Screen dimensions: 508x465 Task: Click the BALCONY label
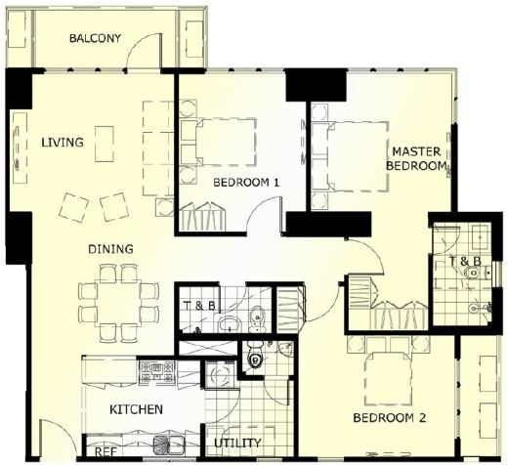(x=95, y=38)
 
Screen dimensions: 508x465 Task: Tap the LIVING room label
(x=63, y=143)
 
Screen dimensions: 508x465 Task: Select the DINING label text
(x=110, y=249)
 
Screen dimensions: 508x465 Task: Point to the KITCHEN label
(x=136, y=409)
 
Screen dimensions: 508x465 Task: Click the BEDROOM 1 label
(x=246, y=183)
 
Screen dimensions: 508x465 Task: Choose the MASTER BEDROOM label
(x=416, y=158)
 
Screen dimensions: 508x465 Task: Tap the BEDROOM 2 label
(x=390, y=418)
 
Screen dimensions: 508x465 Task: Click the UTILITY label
(x=237, y=443)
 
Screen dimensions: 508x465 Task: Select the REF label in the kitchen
(x=106, y=452)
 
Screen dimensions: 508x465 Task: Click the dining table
(x=119, y=302)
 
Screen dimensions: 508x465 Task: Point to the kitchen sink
(x=169, y=445)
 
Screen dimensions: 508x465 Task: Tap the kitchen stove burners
(x=156, y=372)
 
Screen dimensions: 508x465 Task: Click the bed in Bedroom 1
(x=226, y=142)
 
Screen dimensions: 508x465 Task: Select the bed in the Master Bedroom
(x=358, y=156)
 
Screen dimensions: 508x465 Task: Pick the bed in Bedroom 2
(x=389, y=379)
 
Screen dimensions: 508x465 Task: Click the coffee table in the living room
(x=105, y=144)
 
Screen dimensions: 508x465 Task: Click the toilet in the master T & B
(x=473, y=272)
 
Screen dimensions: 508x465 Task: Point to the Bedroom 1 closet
(x=202, y=217)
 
